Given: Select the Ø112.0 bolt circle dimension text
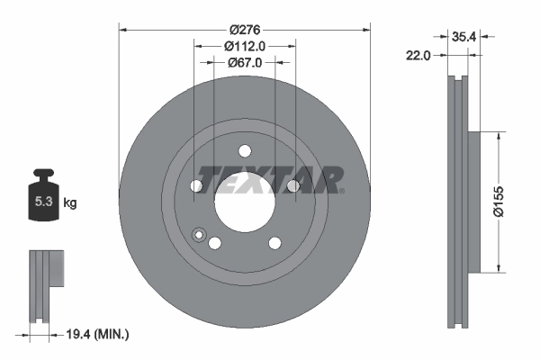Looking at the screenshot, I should pos(245,45).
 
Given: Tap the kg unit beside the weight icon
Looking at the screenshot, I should pos(70,203).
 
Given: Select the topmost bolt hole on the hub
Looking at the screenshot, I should pos(244,152).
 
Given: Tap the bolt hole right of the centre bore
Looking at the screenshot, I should pos(292,186).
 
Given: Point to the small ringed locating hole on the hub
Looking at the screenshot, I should pos(200,235).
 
